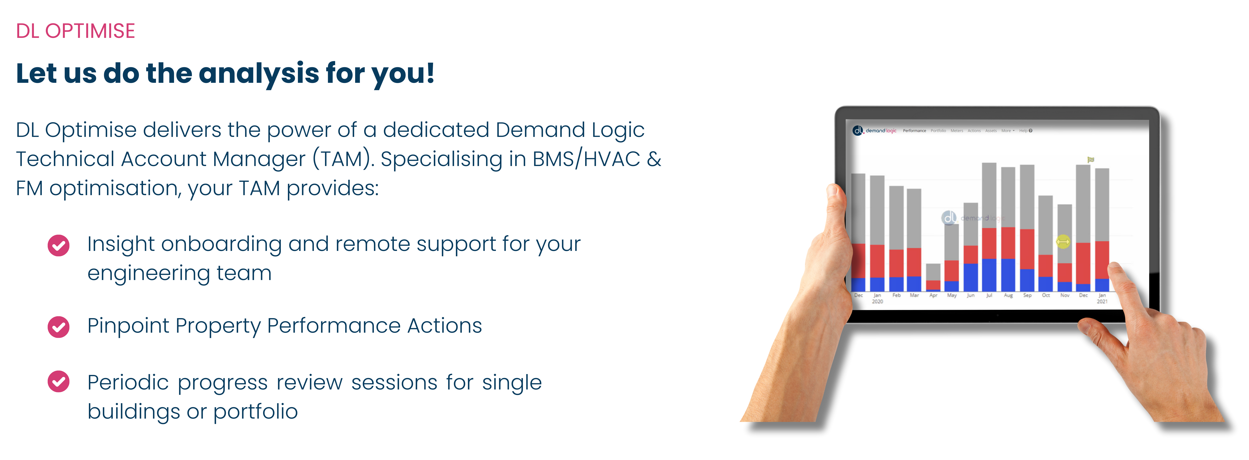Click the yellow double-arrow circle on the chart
coord(1063,241)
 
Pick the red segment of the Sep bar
coord(1027,249)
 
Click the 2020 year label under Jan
coord(877,301)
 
